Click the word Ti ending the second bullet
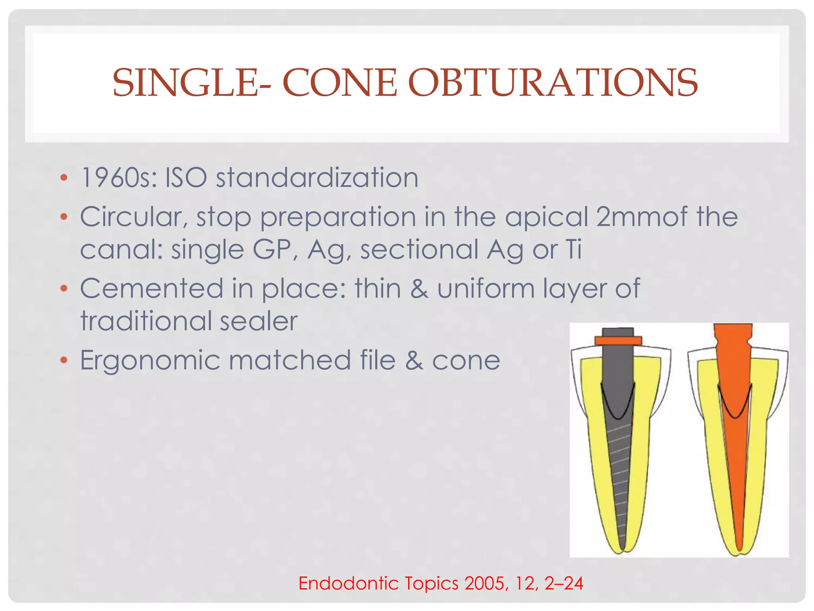point(574,250)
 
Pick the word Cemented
point(151,289)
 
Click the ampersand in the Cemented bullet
point(419,289)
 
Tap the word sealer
point(258,321)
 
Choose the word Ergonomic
point(150,360)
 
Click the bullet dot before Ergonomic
point(64,360)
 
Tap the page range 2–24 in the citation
point(563,584)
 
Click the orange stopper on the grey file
point(618,341)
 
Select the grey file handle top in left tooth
point(618,332)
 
